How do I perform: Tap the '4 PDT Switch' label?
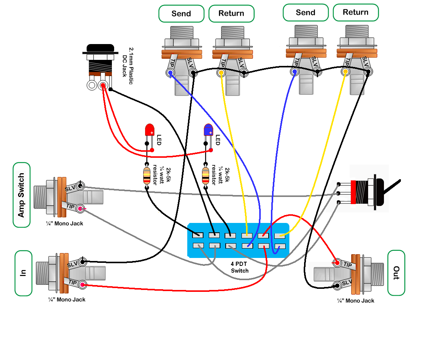240,267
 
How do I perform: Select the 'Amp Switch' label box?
21,195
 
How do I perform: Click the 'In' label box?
23,273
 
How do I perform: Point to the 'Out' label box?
396,273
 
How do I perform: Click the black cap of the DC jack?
100,49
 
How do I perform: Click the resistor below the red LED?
146,175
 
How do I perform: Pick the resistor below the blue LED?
205,175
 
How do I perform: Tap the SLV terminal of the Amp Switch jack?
80,186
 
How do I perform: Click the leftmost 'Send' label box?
181,14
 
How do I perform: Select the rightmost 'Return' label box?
356,12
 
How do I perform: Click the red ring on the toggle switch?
353,192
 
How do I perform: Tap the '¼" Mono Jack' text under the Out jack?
356,301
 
